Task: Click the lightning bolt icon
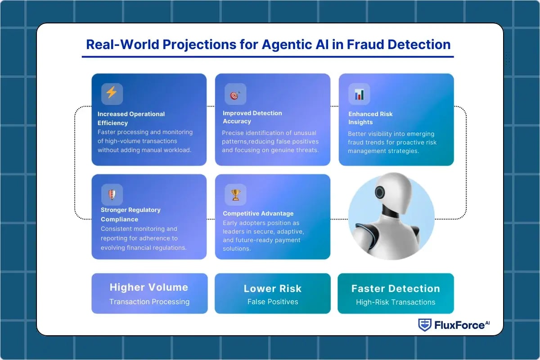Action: tap(112, 94)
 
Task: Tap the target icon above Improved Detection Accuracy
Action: tap(235, 94)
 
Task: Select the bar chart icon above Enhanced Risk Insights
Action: tap(359, 94)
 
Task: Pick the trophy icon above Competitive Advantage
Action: tap(235, 195)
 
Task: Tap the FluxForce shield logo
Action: tap(425, 325)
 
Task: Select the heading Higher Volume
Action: tap(149, 287)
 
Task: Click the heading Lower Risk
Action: tap(272, 288)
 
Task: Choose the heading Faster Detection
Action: tap(396, 288)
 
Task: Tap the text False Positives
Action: tap(273, 301)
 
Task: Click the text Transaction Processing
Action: tap(149, 301)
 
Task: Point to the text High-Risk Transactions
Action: tap(396, 302)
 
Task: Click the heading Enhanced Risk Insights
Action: tap(370, 118)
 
